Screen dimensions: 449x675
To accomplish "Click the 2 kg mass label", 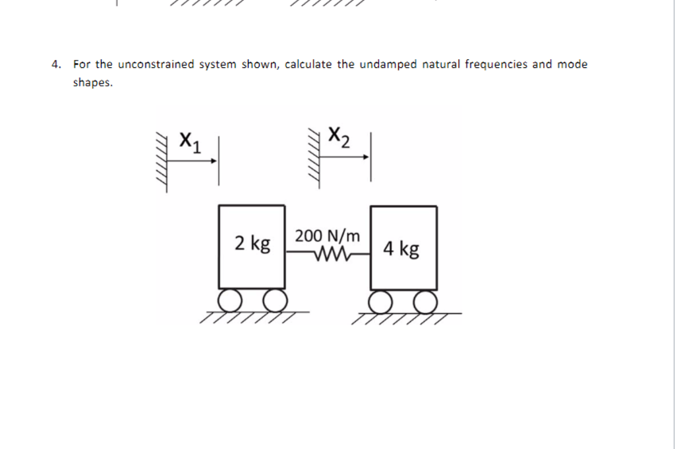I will (x=252, y=244).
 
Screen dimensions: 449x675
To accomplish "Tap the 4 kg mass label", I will (x=401, y=249).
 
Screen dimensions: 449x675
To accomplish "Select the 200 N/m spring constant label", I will (x=328, y=235).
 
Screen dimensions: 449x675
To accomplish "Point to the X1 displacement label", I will (x=191, y=140).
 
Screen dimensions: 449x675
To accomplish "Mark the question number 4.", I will (x=57, y=65).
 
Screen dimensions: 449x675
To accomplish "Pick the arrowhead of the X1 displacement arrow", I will (x=214, y=159).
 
